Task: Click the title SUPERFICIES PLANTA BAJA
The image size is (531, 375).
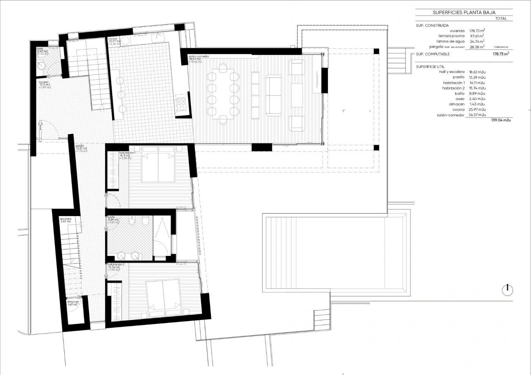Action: click(x=464, y=13)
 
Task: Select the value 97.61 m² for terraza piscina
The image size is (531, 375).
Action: click(x=477, y=36)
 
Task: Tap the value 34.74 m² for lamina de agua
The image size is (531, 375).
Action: click(x=477, y=41)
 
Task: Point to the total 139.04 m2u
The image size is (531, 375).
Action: click(x=501, y=120)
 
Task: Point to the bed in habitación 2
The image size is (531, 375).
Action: click(x=163, y=297)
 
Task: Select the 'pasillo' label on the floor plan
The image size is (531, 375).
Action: click(x=80, y=146)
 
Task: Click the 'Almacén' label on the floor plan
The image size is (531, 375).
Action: click(x=73, y=302)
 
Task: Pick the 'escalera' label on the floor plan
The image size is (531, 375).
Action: click(x=66, y=219)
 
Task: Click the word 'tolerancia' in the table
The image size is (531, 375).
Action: click(x=501, y=47)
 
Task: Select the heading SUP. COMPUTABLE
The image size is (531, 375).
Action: click(x=433, y=54)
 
